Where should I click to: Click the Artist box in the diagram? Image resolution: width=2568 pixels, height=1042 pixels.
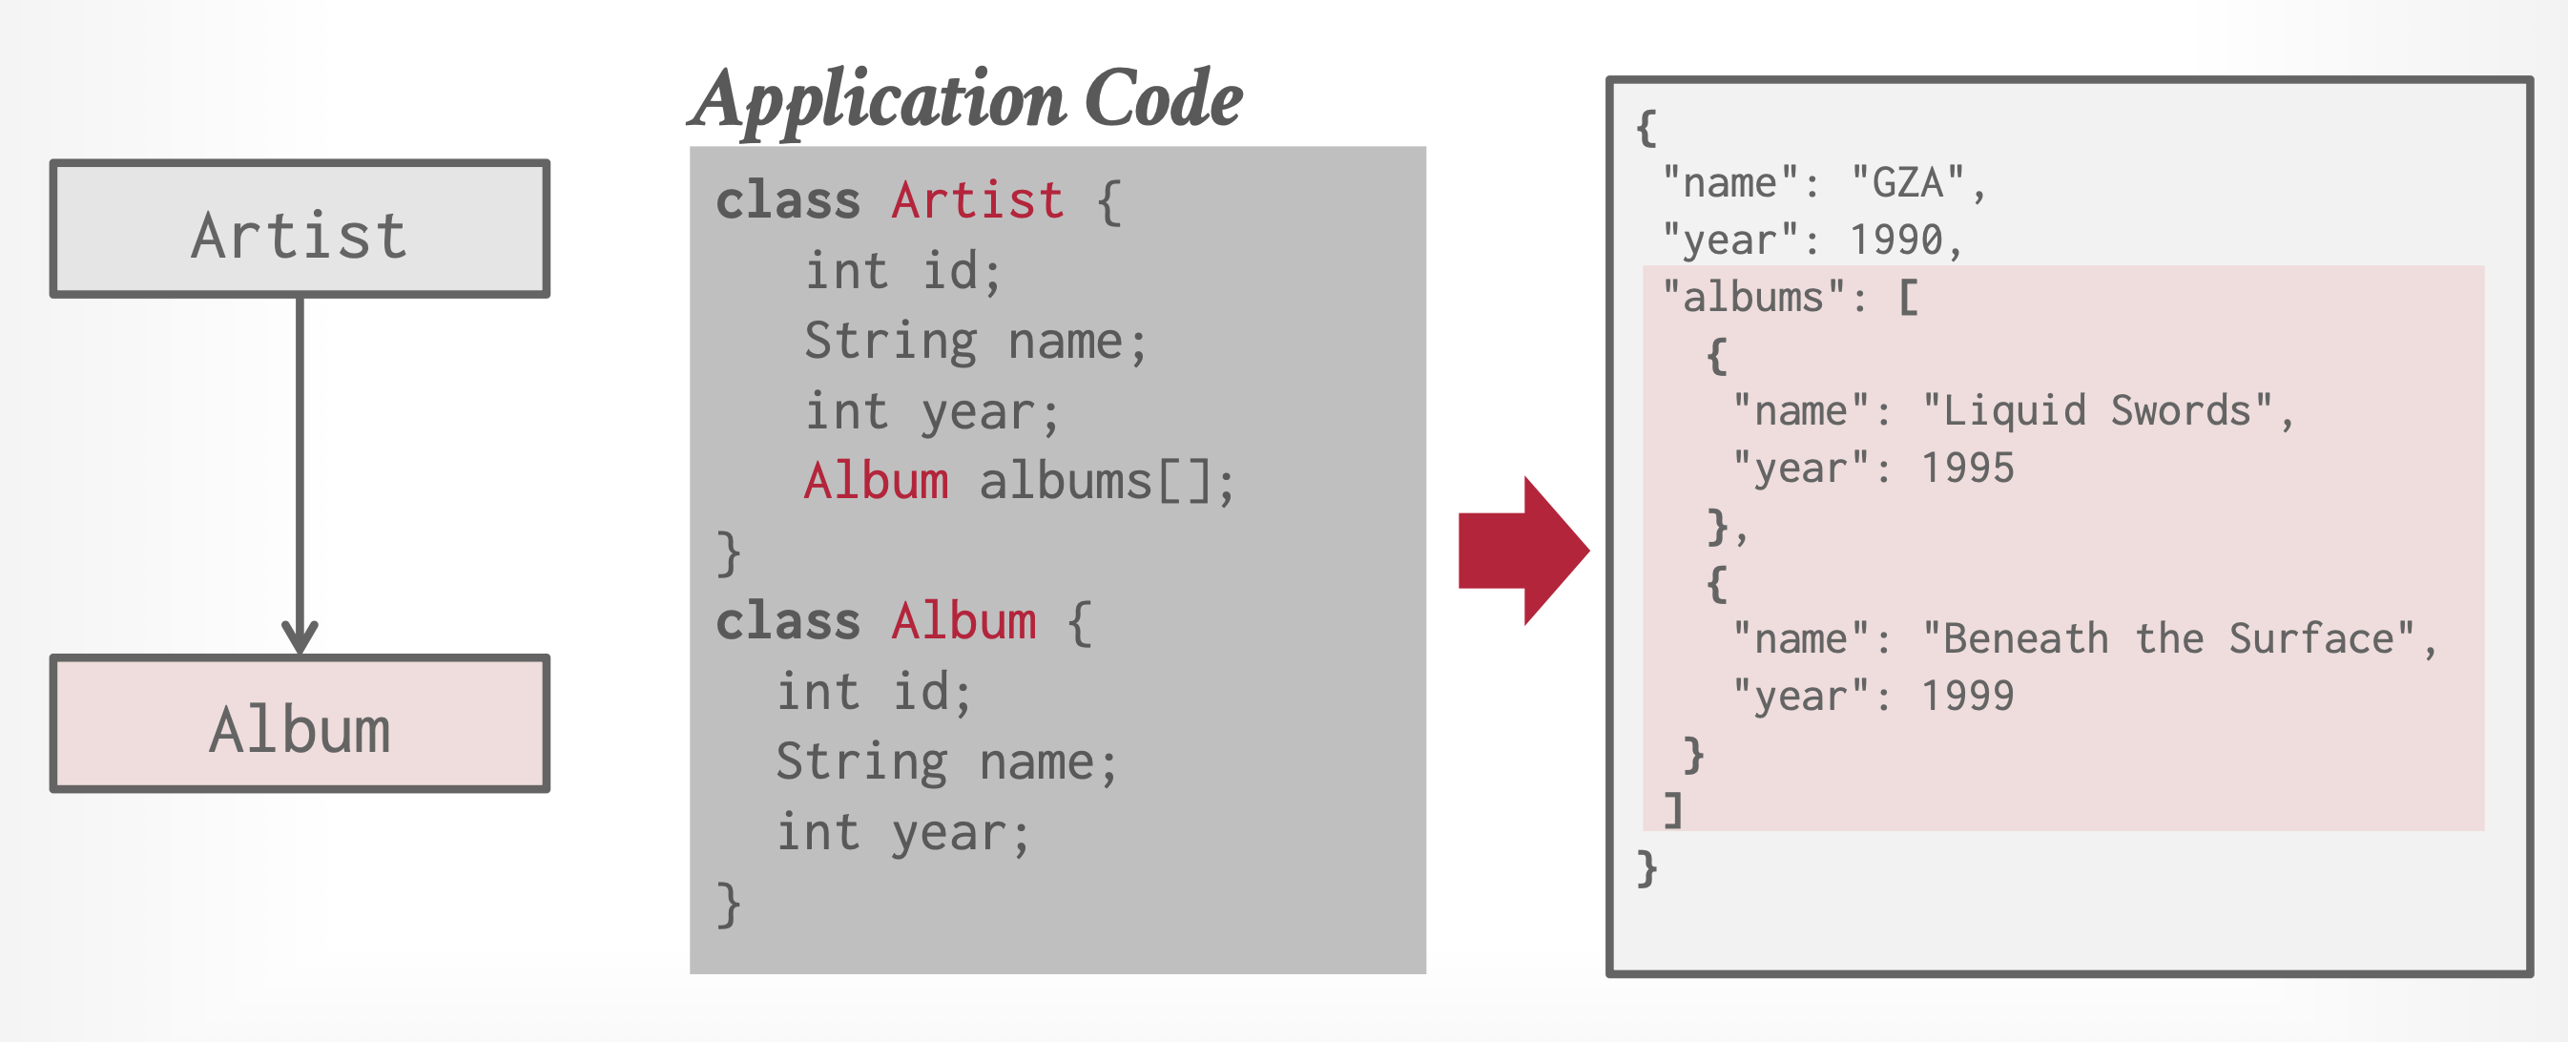[x=300, y=228]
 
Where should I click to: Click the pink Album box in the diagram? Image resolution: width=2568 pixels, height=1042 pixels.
[x=300, y=723]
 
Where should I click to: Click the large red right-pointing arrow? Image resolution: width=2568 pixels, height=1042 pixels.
[x=1522, y=551]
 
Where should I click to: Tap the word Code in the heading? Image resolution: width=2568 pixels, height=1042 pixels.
[x=1164, y=97]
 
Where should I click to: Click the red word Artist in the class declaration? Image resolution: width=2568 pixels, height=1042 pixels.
[x=977, y=200]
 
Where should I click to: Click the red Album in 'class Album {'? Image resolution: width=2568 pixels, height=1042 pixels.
[x=963, y=621]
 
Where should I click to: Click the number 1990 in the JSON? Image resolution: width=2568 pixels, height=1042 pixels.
[x=1896, y=240]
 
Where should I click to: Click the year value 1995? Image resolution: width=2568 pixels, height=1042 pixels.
[x=1967, y=468]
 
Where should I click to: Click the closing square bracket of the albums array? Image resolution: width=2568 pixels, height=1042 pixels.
[x=1674, y=810]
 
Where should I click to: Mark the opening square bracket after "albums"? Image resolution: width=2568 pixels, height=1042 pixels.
[x=1908, y=296]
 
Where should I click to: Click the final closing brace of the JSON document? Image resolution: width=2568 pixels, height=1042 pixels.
[x=1646, y=867]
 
